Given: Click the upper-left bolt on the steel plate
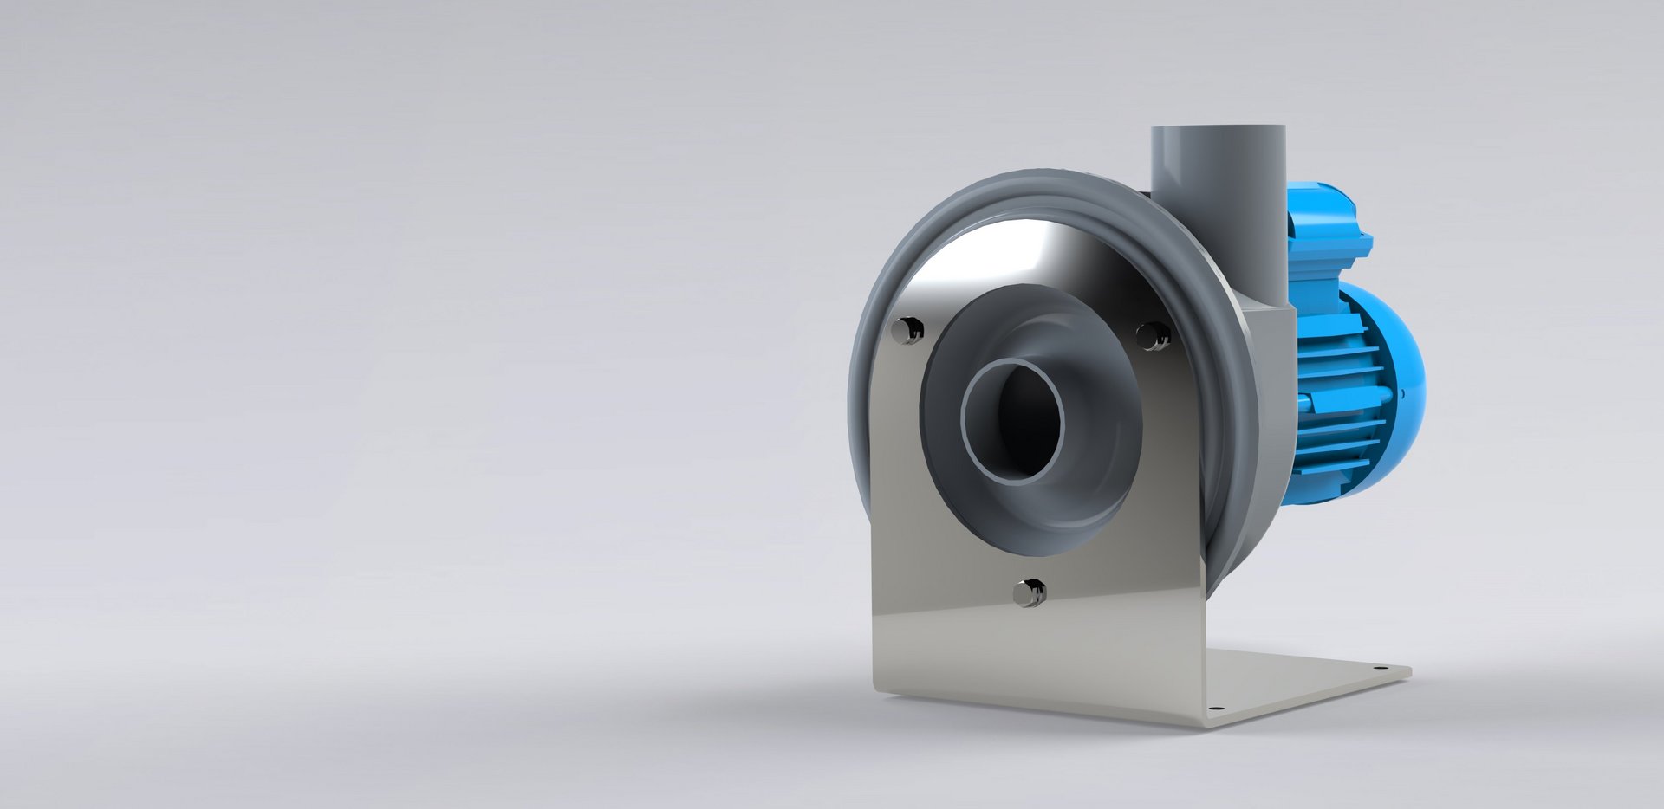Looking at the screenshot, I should tap(907, 330).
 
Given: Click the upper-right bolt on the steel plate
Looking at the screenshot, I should tap(1153, 335).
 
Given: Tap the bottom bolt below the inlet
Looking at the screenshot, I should tap(1030, 592).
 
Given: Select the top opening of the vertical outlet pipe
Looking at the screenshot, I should tap(1218, 129).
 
